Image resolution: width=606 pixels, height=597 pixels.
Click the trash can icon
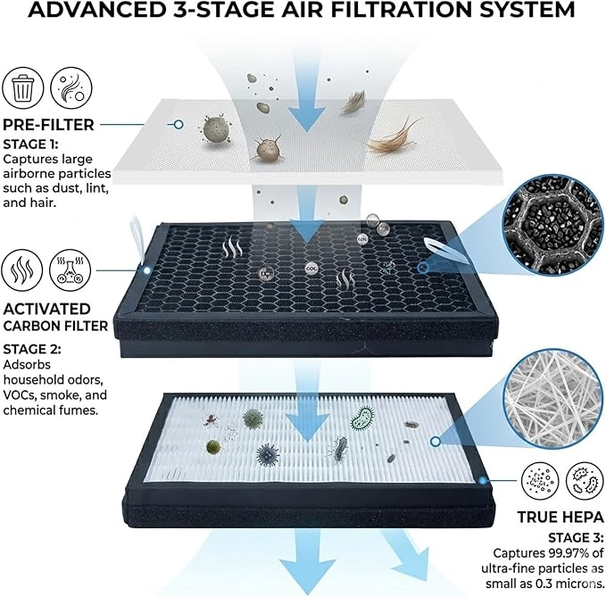click(23, 88)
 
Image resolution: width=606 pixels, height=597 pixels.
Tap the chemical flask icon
click(70, 269)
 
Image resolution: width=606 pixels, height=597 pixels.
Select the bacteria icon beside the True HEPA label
click(585, 481)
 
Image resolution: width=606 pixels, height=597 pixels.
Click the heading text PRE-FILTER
click(49, 125)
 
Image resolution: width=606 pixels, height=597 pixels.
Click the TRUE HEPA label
click(560, 517)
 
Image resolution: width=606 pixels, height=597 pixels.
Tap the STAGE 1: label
click(31, 145)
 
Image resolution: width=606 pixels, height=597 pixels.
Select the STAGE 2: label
click(32, 349)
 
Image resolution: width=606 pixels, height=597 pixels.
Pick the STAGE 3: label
click(576, 538)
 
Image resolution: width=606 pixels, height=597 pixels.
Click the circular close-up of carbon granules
click(553, 224)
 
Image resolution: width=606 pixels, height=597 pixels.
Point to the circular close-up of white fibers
click(553, 398)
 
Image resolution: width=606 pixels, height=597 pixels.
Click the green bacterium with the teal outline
click(362, 418)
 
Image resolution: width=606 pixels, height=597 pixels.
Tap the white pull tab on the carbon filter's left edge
click(138, 239)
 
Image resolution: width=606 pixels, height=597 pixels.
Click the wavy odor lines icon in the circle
click(22, 269)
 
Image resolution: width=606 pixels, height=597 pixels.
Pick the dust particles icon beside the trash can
click(71, 88)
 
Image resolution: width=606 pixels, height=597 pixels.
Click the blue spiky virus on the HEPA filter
click(268, 454)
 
